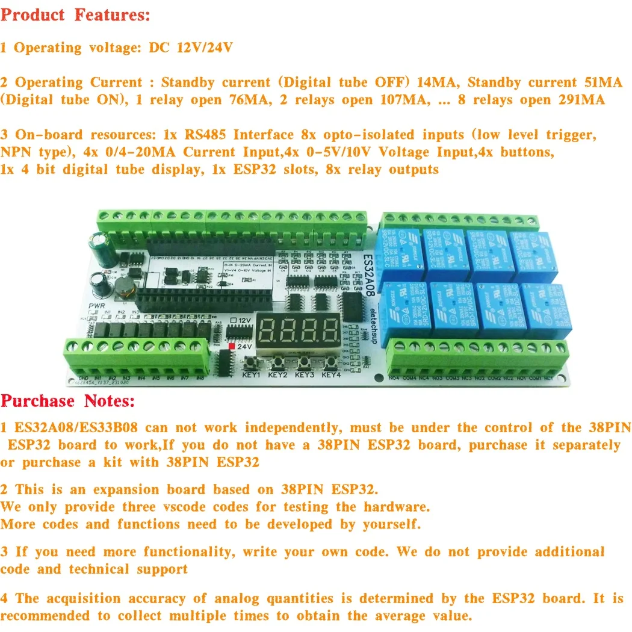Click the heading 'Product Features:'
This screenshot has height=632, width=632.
(x=75, y=15)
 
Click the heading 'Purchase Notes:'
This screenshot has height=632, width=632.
(x=68, y=401)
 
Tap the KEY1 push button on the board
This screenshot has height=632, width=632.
(x=251, y=362)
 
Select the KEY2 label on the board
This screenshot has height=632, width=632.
(x=277, y=375)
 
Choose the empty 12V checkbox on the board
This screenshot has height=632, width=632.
(x=233, y=320)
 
